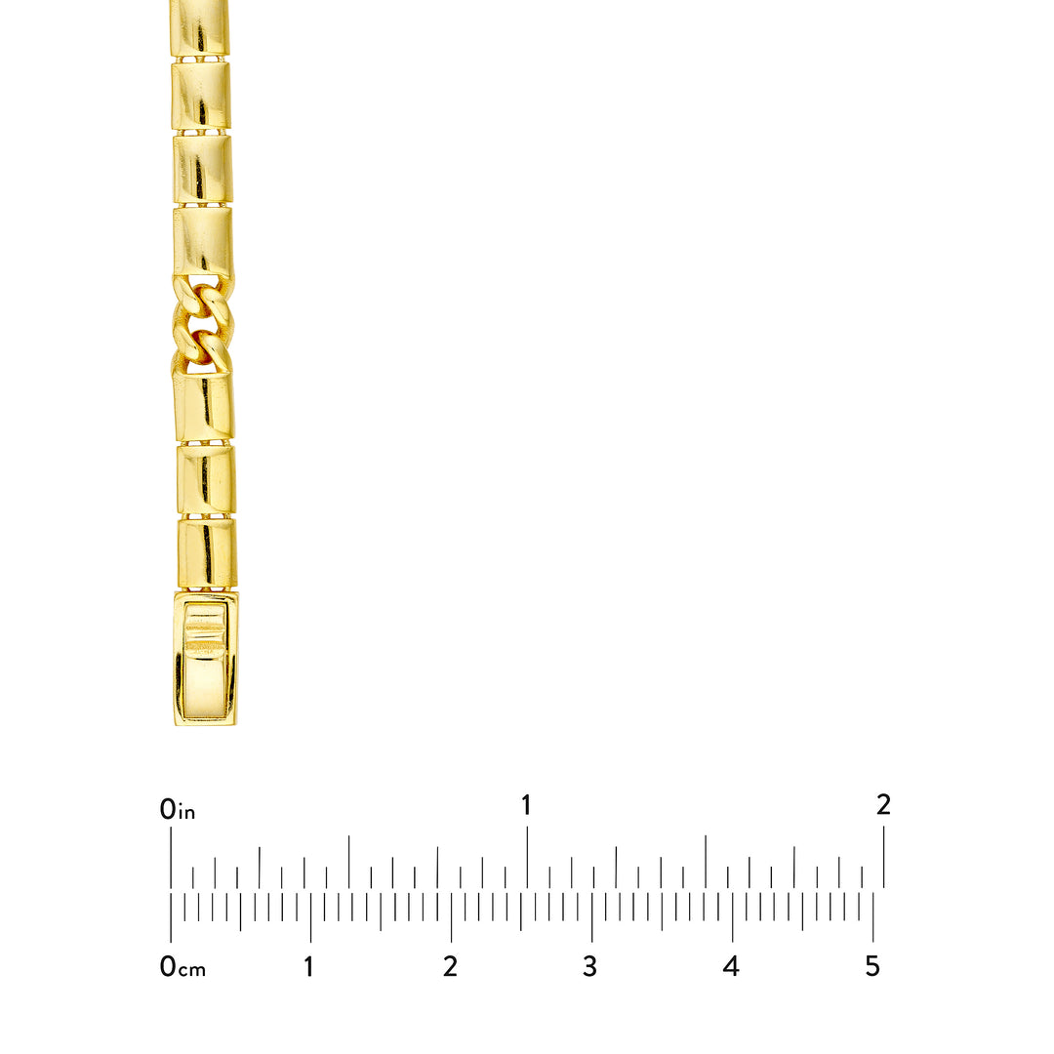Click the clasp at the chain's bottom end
point(206,659)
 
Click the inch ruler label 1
point(527,806)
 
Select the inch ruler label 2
point(883,805)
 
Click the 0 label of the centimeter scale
point(168,967)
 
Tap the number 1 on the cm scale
point(309,967)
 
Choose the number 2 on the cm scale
point(450,967)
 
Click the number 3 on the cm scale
point(589,967)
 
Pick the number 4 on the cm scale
point(731,967)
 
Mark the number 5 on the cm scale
point(872,967)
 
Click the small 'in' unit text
point(187,813)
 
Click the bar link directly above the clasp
point(206,552)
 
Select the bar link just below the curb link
point(204,404)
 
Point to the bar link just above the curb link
point(203,241)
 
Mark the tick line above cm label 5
point(872,917)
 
